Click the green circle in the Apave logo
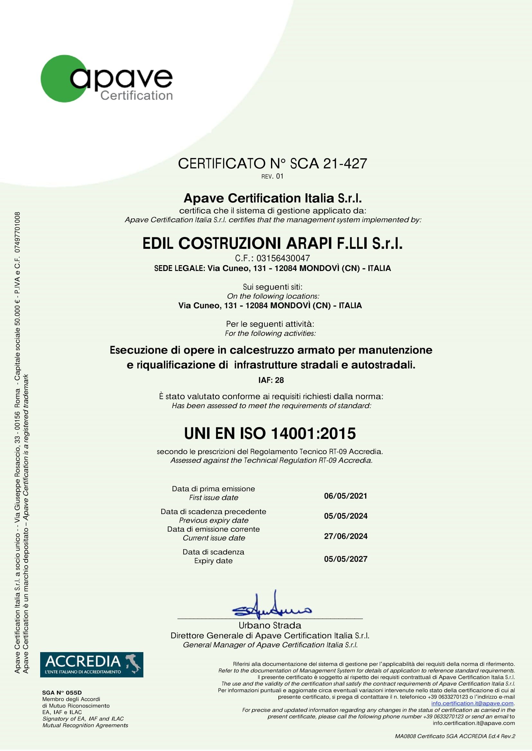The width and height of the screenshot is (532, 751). click(x=56, y=79)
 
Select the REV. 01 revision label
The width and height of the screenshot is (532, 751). click(x=272, y=176)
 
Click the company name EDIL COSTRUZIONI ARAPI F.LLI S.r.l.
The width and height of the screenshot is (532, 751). click(x=272, y=243)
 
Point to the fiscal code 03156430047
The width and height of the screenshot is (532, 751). click(x=283, y=258)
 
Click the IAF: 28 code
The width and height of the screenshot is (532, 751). click(x=271, y=380)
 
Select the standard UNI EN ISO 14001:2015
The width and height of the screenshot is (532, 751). click(x=270, y=433)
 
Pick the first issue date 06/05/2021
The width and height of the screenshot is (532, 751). click(x=346, y=496)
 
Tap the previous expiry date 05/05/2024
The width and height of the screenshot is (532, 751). click(x=346, y=516)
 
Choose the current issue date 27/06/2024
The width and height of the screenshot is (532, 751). click(x=346, y=536)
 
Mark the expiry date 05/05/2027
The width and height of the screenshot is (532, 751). click(x=346, y=559)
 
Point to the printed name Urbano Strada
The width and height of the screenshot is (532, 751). click(x=270, y=625)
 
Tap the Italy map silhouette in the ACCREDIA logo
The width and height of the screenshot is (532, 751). click(x=133, y=663)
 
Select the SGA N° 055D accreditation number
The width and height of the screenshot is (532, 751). click(x=62, y=693)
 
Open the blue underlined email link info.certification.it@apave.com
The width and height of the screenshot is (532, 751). click(x=472, y=703)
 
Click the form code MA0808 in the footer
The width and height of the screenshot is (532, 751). click(x=405, y=736)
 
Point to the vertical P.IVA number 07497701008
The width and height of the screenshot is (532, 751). click(x=17, y=232)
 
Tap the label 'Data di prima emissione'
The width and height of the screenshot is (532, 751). click(x=213, y=489)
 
